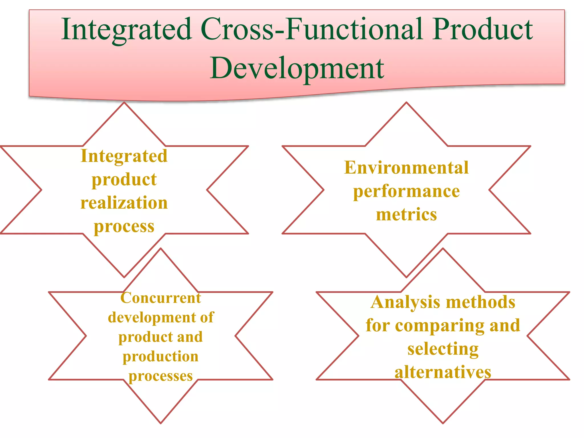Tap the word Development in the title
tap(297, 68)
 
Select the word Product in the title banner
tap(482, 29)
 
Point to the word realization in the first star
tap(124, 203)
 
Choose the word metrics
tap(406, 214)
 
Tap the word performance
tap(406, 192)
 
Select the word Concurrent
tap(161, 298)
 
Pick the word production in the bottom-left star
tap(161, 356)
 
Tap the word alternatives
tap(443, 372)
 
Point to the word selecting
tap(443, 349)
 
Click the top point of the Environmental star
tap(406, 103)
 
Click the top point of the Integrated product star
tap(124, 103)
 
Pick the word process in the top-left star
tap(124, 227)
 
